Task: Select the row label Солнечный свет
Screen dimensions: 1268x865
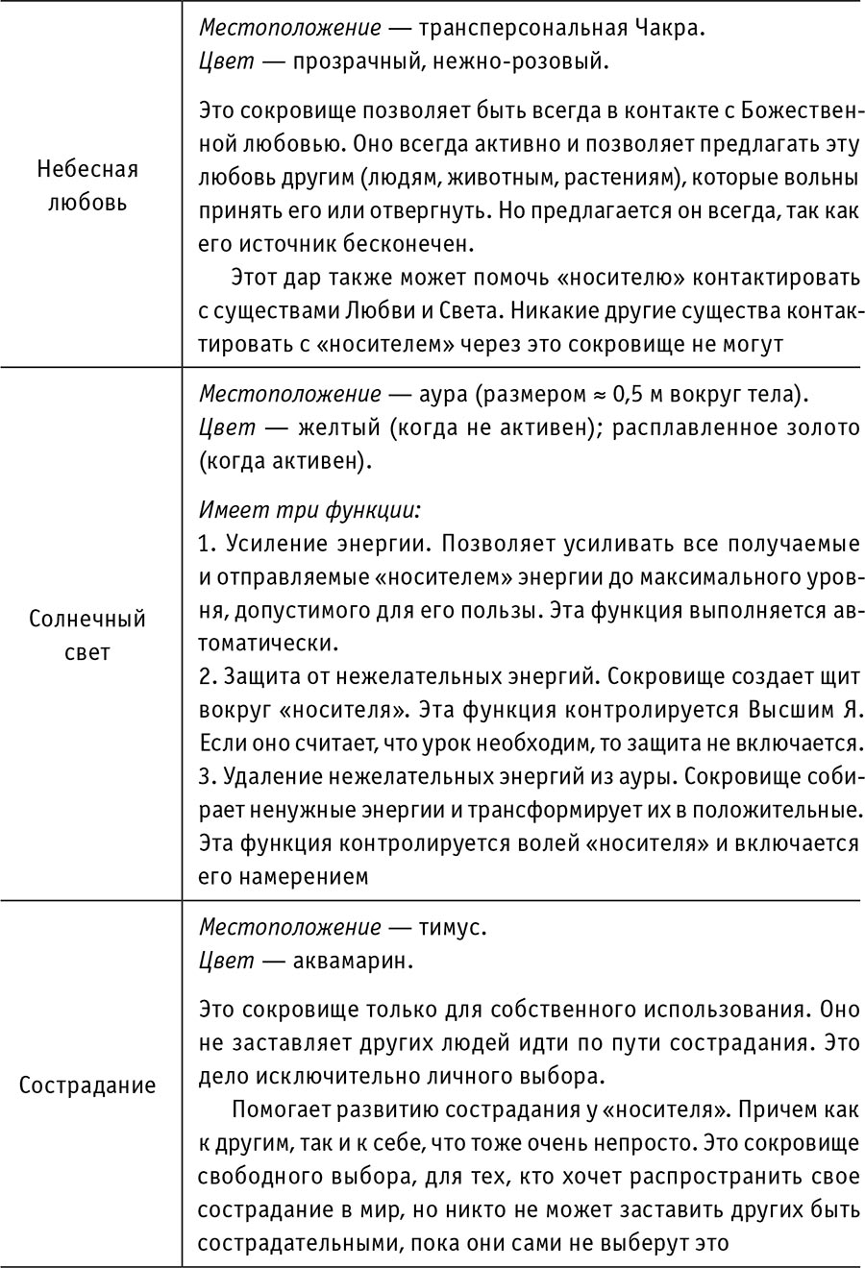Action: pyautogui.click(x=87, y=636)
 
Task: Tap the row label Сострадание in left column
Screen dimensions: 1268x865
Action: pyautogui.click(x=87, y=1085)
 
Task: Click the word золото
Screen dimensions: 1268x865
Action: pyautogui.click(x=820, y=427)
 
